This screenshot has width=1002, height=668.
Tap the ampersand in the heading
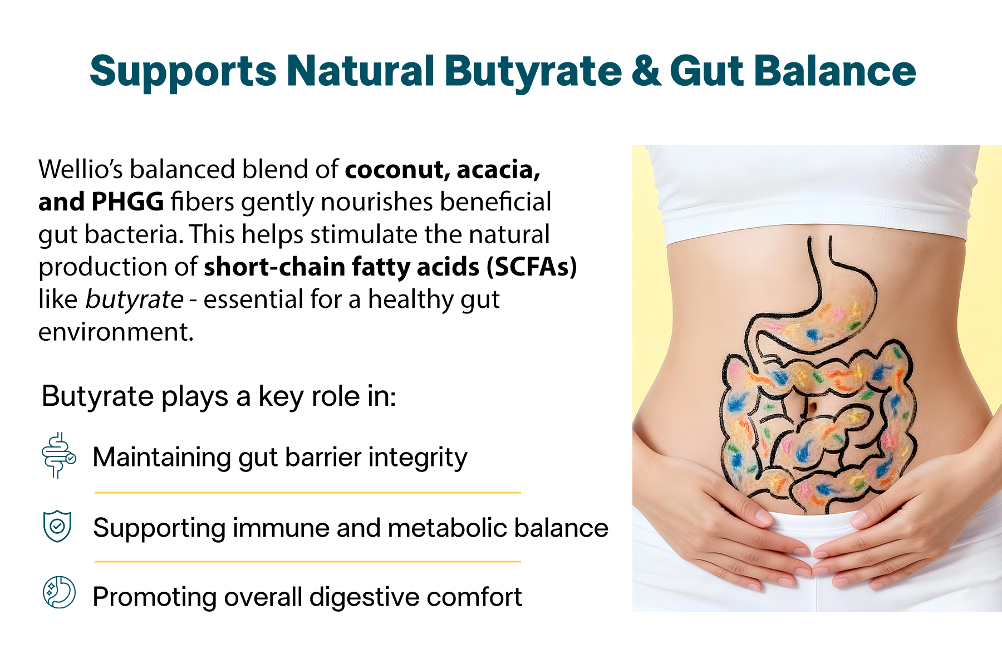(646, 71)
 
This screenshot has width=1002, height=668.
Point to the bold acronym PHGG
(127, 202)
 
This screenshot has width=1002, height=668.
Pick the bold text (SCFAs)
(532, 267)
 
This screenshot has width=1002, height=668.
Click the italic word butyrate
(134, 299)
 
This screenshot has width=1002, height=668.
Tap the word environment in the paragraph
(116, 332)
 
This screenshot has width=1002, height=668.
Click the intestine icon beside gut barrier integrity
(58, 455)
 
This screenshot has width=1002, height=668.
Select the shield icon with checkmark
(57, 526)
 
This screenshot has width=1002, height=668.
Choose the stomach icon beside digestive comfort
(59, 592)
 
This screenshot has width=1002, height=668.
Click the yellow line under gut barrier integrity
(308, 493)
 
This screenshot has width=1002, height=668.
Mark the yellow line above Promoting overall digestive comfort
(308, 562)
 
